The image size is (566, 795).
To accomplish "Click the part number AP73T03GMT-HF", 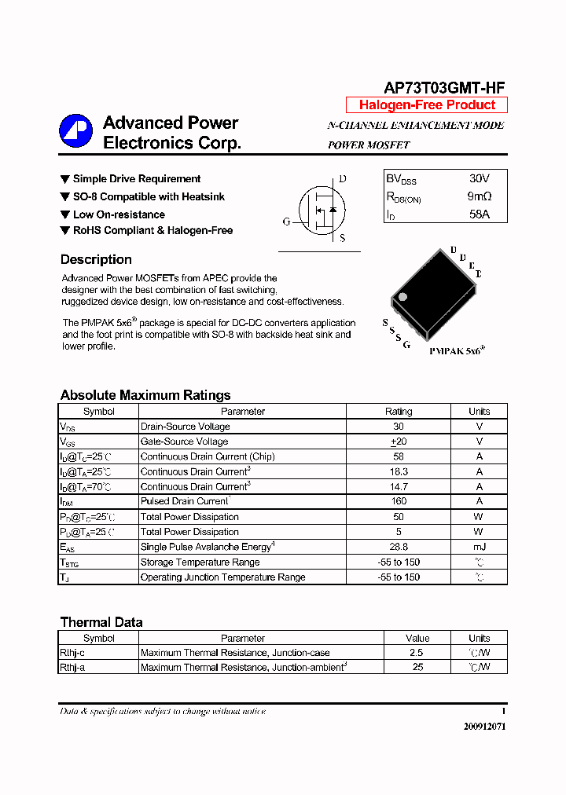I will [445, 88].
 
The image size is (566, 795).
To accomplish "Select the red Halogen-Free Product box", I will [427, 105].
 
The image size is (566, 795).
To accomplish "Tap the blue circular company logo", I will [76, 131].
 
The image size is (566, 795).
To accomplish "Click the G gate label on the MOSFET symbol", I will [287, 222].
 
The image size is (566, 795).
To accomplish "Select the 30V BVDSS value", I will [479, 179].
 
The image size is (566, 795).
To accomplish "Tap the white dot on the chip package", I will [403, 297].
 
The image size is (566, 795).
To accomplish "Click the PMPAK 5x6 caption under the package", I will [457, 353].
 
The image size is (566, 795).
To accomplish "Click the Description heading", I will [96, 260].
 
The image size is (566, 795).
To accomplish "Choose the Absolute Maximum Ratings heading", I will [145, 395].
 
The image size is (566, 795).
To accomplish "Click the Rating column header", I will [399, 412].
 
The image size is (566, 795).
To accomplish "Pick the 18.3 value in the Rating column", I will [399, 471].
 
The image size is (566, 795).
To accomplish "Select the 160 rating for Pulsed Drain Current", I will [399, 501].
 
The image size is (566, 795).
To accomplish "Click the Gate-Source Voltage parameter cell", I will [184, 441].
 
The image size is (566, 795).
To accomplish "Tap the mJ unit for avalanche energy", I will [479, 547].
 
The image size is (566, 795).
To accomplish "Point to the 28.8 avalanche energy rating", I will [399, 547].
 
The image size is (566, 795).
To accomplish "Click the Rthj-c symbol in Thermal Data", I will [72, 653].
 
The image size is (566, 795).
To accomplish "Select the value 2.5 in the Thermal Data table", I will [417, 653].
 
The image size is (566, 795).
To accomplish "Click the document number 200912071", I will [484, 727].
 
